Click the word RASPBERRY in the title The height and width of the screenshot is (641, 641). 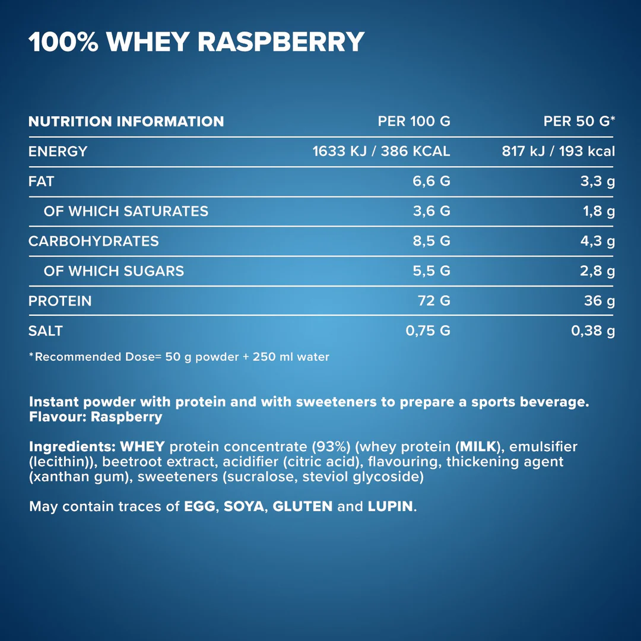[x=280, y=42]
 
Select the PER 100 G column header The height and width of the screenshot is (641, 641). [x=414, y=122]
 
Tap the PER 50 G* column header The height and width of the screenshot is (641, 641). [x=579, y=122]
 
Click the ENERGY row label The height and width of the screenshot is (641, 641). [x=58, y=151]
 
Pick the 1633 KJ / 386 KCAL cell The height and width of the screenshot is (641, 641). [x=381, y=151]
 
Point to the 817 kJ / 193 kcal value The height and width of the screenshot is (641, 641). [x=558, y=151]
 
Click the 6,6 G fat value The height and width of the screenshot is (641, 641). [x=431, y=181]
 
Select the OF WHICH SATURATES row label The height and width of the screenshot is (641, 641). [x=126, y=211]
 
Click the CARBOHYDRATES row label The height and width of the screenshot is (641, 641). [x=93, y=241]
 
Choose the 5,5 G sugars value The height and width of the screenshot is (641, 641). [x=431, y=271]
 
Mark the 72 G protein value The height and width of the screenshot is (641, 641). [x=434, y=301]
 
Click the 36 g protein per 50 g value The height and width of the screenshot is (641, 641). [x=599, y=301]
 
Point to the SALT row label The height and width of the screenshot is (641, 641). [x=45, y=331]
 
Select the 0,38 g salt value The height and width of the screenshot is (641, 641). [x=592, y=331]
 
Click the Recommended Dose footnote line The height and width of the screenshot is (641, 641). [x=179, y=357]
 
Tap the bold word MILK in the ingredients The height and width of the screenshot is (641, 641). [x=478, y=446]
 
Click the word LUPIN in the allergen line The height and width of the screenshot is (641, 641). [x=389, y=507]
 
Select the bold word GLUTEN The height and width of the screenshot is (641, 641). [x=302, y=507]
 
